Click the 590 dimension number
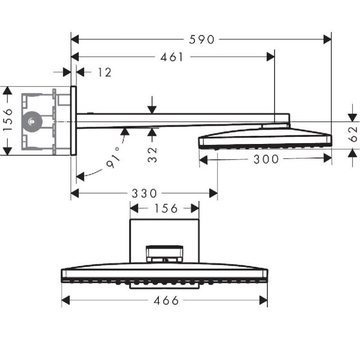(202, 39)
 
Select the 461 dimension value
(171, 57)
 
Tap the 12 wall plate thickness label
(104, 72)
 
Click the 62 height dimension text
(353, 134)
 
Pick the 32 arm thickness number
(152, 155)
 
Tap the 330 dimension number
(144, 193)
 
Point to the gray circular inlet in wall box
(32, 121)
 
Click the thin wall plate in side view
(73, 121)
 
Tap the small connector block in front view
(165, 254)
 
